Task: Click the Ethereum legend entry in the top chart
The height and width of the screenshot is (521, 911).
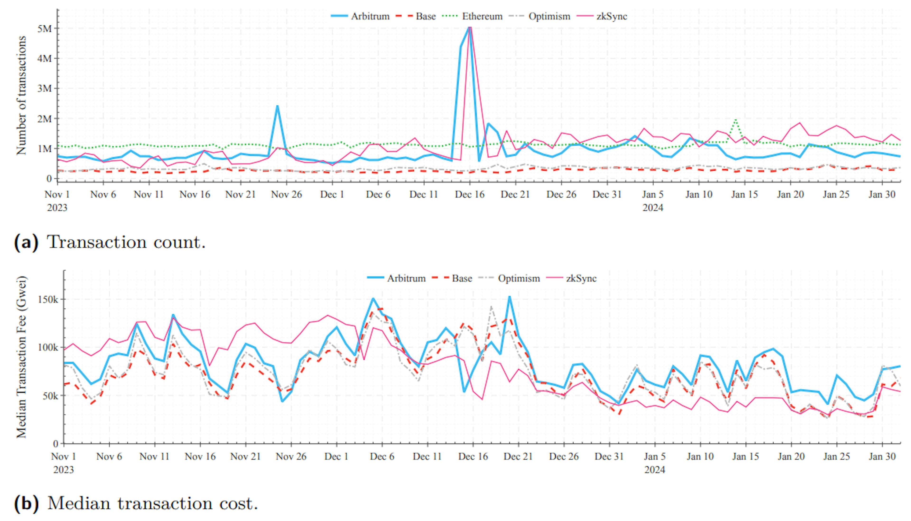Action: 482,16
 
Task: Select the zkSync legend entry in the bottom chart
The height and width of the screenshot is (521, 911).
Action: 581,278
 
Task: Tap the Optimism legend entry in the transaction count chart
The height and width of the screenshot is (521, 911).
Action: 549,16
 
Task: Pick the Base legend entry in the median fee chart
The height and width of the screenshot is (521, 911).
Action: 462,278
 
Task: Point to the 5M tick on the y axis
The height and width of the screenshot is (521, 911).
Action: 44,29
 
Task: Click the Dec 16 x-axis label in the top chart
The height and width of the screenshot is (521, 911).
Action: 469,195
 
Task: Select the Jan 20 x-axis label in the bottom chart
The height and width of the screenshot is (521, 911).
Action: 791,457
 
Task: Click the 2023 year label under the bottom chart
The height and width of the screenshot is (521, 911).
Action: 64,470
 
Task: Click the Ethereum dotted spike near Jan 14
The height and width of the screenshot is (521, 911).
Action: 736,120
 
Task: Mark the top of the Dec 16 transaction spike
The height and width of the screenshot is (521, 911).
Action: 470,27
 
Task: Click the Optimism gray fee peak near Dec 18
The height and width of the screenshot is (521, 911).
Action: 491,307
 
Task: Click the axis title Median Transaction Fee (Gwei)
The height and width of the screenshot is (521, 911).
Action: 21,357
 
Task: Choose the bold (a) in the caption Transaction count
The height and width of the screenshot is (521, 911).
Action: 26,242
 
